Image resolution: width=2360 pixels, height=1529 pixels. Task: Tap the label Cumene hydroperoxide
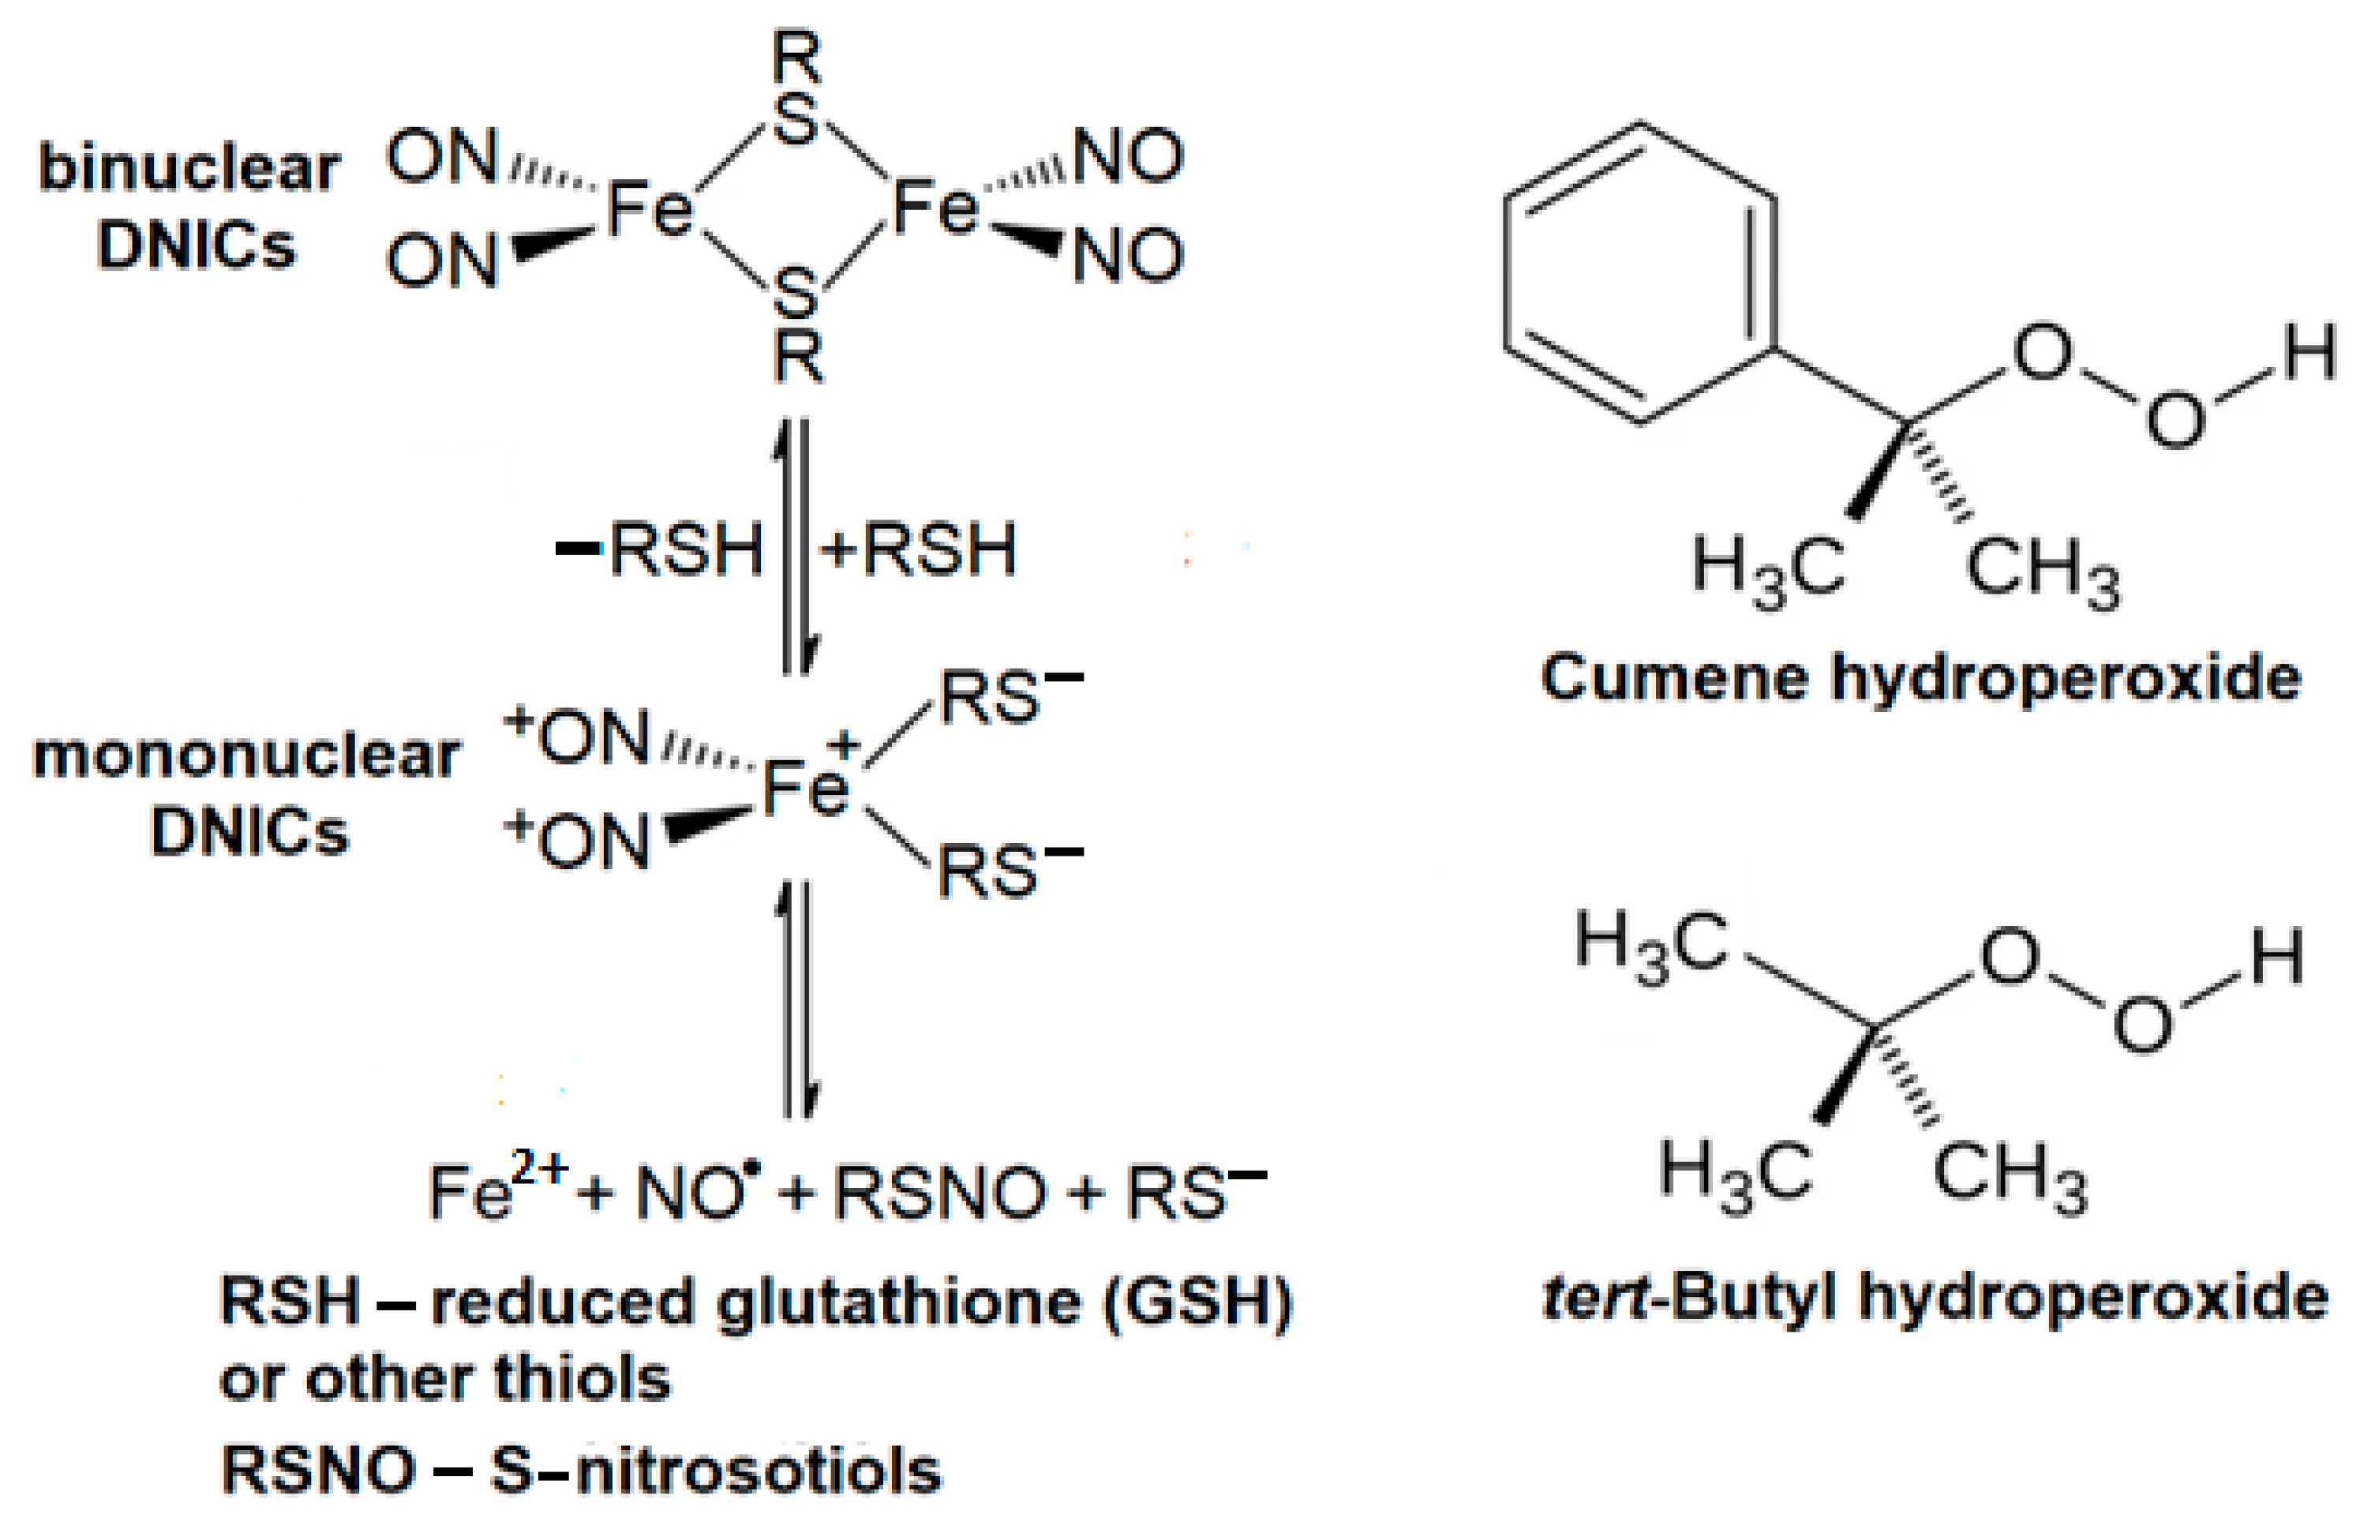[1920, 679]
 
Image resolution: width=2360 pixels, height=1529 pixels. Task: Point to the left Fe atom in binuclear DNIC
[650, 210]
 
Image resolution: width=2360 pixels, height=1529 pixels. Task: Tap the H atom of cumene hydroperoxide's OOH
[2309, 354]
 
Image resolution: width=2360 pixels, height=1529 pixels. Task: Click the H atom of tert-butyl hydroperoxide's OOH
[2276, 959]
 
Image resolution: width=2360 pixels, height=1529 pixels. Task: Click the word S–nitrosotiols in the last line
[714, 1471]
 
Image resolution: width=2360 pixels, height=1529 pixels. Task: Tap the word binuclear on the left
[189, 169]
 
